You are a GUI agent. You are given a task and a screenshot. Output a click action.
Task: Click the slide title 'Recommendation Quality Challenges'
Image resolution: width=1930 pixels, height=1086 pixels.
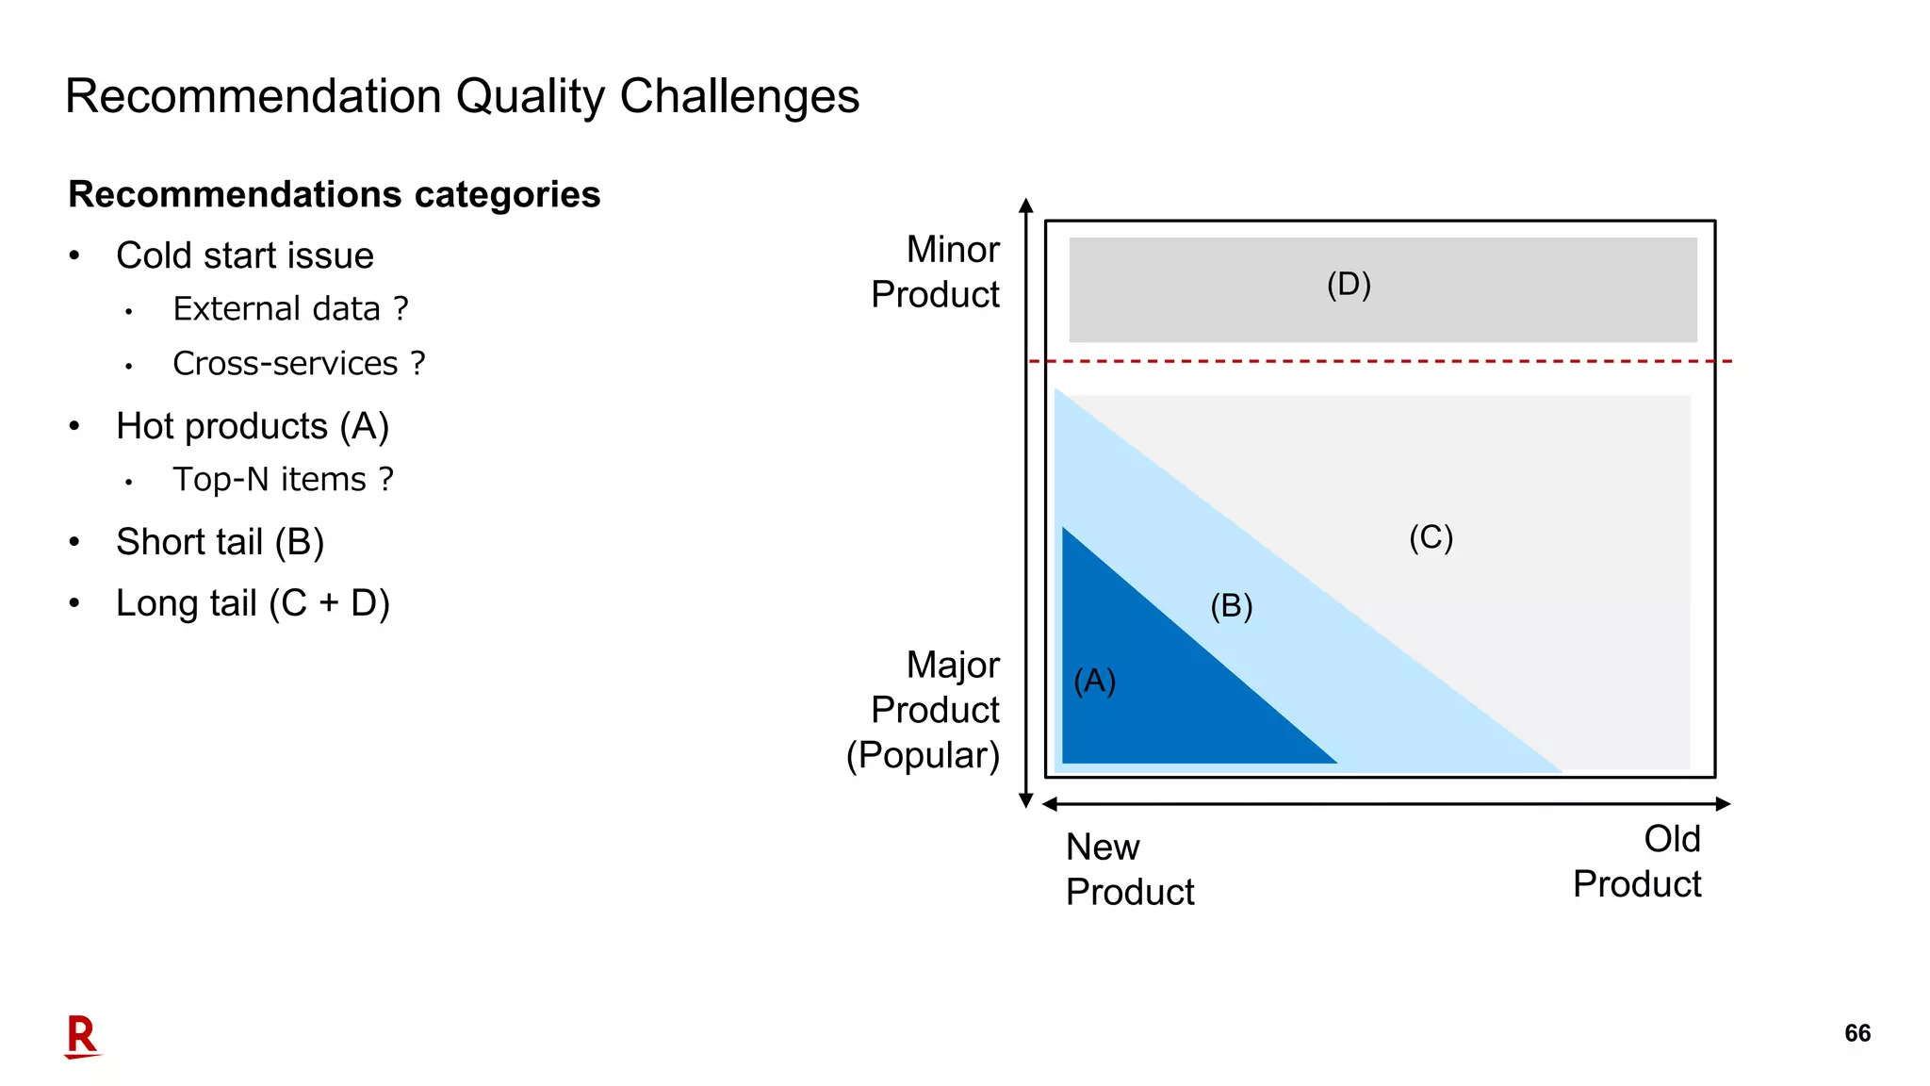pos(462,96)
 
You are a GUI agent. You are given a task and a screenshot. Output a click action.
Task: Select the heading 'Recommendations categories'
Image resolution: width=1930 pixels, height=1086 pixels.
pos(334,194)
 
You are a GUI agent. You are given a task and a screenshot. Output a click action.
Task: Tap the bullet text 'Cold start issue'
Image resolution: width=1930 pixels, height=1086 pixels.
pos(244,255)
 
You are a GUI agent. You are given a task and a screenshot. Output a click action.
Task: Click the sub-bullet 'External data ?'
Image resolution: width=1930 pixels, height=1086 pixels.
pos(290,308)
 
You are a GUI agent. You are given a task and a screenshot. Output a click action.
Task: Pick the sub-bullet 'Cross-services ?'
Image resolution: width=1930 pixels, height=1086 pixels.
pos(299,363)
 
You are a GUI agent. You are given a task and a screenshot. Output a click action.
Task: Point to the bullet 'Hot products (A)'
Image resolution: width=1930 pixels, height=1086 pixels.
pos(252,426)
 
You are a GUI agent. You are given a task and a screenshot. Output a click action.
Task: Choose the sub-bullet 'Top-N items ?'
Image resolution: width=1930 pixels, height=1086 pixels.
pos(283,479)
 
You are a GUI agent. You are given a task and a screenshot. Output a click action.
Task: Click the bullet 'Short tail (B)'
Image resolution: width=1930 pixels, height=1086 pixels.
pos(220,542)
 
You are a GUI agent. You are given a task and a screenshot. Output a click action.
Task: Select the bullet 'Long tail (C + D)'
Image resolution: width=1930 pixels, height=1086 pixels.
pos(253,603)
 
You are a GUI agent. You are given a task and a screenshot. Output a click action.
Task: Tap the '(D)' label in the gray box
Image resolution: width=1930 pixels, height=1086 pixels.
pos(1349,284)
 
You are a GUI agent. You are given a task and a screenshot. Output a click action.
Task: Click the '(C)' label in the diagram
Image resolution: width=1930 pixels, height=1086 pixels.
pos(1431,537)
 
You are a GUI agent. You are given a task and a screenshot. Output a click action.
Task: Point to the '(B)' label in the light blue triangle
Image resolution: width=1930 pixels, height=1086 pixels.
pos(1231,605)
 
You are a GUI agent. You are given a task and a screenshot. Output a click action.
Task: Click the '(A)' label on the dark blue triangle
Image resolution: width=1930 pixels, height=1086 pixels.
pos(1095,680)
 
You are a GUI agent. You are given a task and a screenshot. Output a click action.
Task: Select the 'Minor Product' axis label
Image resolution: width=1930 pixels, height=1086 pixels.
pos(935,271)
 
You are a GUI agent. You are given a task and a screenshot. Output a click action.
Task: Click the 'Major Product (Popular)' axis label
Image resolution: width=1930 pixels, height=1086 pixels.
pos(924,710)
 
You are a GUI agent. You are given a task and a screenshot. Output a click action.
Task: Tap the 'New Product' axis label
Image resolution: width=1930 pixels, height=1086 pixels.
pos(1129,869)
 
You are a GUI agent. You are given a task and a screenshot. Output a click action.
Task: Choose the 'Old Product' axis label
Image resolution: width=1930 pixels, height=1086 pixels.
pos(1637,862)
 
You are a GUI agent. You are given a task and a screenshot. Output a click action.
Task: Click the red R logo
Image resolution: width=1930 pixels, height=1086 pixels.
pos(82,1037)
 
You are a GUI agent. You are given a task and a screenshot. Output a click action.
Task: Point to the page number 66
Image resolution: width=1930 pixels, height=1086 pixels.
pos(1857,1033)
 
